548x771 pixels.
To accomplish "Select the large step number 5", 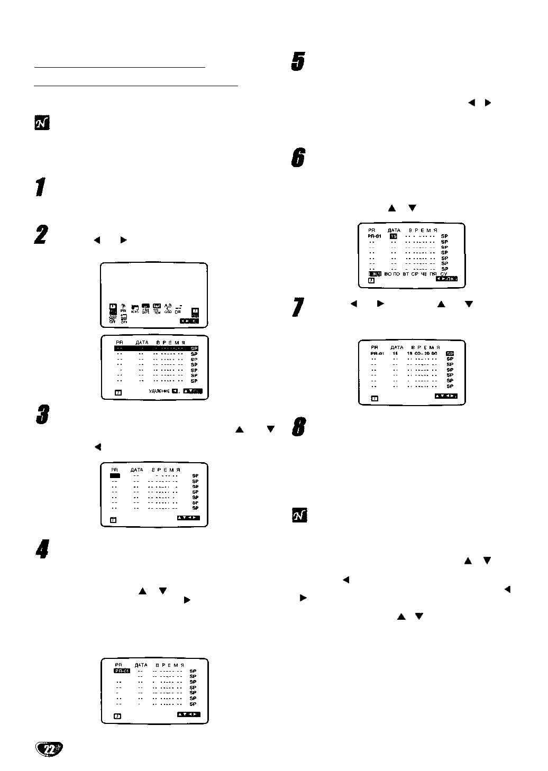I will pyautogui.click(x=298, y=62).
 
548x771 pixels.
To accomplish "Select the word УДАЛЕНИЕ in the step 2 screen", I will pyautogui.click(x=159, y=391).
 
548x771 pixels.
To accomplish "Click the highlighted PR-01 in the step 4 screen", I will pyautogui.click(x=122, y=671).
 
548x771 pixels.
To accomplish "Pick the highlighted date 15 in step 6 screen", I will pyautogui.click(x=394, y=236).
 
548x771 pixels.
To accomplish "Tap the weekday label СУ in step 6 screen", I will pyautogui.click(x=444, y=274).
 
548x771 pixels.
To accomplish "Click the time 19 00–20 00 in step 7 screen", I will pyautogui.click(x=422, y=353).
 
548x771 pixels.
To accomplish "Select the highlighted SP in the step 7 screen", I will pyautogui.click(x=450, y=353).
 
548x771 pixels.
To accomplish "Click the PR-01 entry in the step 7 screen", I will pyautogui.click(x=377, y=353).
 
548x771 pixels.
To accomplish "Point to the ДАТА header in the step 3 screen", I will pyautogui.click(x=136, y=470).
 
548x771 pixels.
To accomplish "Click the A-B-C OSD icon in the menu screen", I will pyautogui.click(x=168, y=308).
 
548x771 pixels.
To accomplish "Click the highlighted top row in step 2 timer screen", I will pyautogui.click(x=156, y=348).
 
